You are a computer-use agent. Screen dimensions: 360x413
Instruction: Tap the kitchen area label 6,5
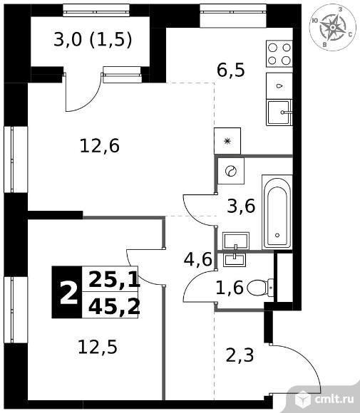231,70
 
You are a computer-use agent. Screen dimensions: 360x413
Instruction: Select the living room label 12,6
100,146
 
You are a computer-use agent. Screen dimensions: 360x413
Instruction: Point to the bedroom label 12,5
98,347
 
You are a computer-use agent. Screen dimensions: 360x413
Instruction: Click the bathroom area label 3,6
241,206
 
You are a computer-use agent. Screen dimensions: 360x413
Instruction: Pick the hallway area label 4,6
197,259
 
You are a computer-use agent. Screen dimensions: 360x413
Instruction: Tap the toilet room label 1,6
230,288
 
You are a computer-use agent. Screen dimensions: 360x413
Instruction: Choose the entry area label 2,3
240,355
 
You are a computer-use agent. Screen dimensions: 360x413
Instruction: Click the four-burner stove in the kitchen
279,53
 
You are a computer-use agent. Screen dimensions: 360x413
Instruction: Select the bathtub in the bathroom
277,212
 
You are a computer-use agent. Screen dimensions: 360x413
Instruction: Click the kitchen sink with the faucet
279,113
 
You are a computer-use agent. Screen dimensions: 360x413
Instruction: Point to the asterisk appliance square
227,141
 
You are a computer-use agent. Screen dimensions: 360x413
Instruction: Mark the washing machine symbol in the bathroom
231,171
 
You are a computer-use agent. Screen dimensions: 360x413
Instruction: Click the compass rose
333,28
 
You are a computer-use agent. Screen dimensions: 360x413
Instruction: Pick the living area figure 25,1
114,280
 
